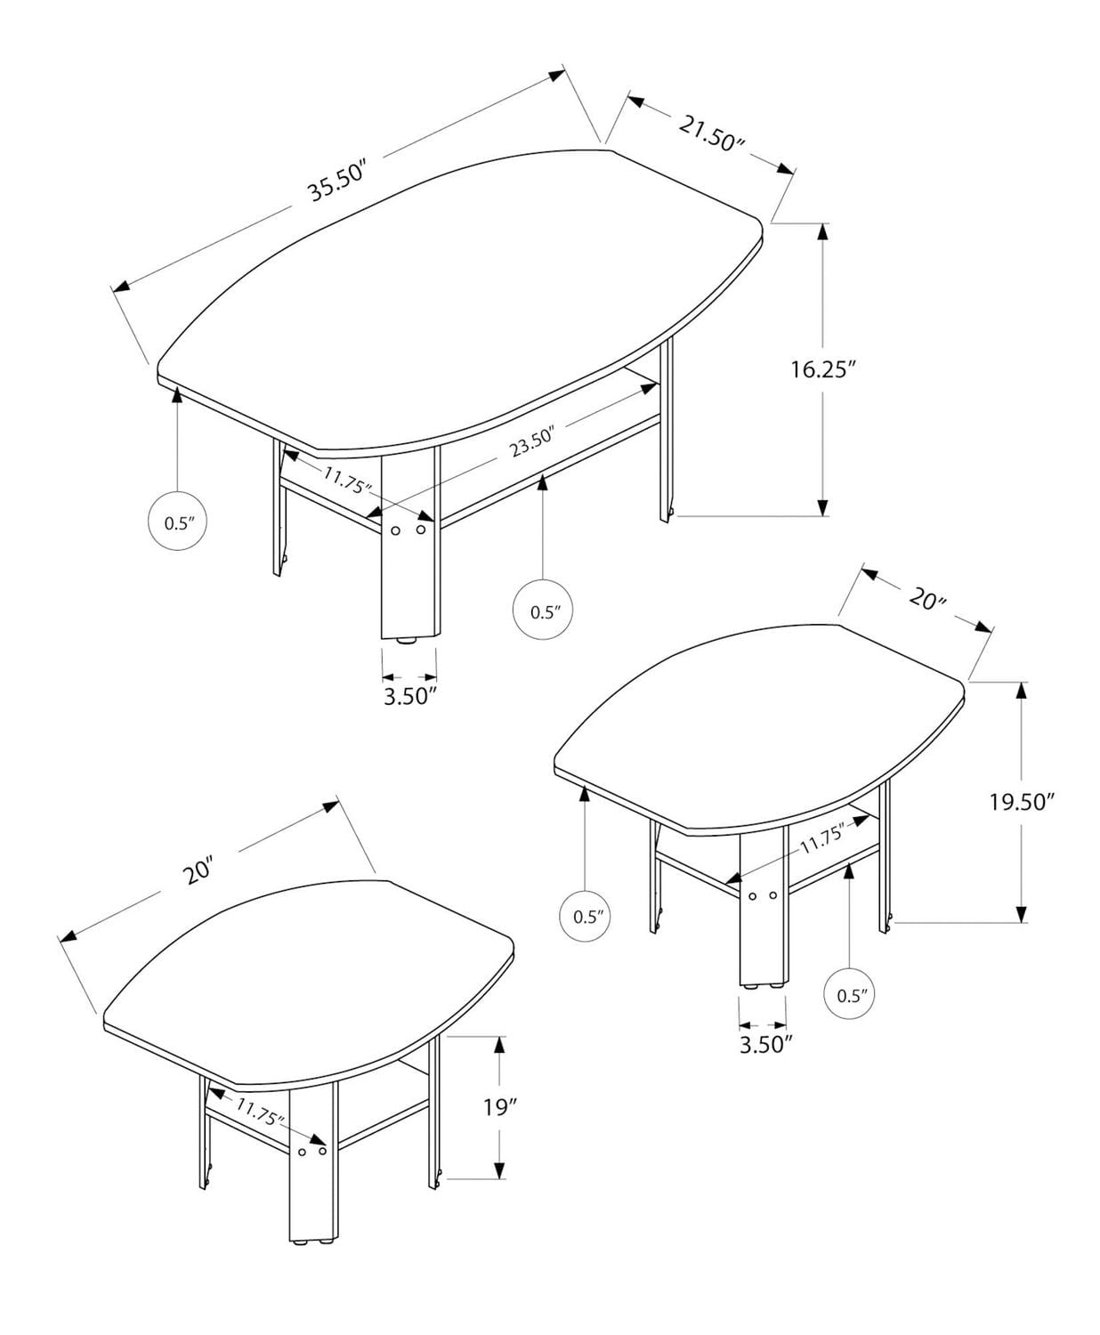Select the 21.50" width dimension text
coord(711,133)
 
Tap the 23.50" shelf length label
coord(532,442)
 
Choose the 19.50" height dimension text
coord(1022,802)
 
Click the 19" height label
coord(500,1108)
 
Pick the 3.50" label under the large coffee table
coord(409,695)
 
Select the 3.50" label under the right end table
coord(765,1044)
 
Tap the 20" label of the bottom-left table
coord(199,870)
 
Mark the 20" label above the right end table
coord(927,599)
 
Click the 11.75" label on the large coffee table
coord(345,480)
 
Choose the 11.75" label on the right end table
coord(821,840)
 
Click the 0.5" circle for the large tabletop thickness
coord(177,522)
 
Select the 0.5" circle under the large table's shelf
coord(543,611)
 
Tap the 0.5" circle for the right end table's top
coord(587,916)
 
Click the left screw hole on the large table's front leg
coord(394,530)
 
